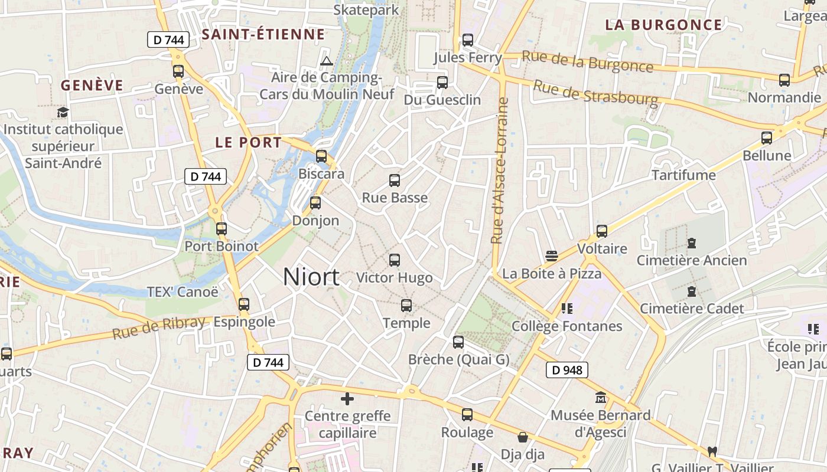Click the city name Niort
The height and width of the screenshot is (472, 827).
pyautogui.click(x=311, y=277)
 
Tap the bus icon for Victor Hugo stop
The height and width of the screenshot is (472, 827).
pyautogui.click(x=395, y=260)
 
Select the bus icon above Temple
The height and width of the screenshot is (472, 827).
pyautogui.click(x=406, y=306)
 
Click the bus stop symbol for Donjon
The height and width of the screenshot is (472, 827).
pyautogui.click(x=315, y=203)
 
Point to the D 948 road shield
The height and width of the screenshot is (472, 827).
pyautogui.click(x=566, y=370)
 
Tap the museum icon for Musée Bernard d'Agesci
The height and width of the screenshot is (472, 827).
pyautogui.click(x=601, y=398)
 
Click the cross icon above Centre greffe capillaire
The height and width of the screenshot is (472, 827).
pyautogui.click(x=347, y=399)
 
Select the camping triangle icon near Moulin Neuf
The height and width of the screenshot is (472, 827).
pyautogui.click(x=326, y=61)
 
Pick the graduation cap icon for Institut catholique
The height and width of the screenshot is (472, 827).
pyautogui.click(x=63, y=112)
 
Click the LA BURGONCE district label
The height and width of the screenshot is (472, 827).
pyautogui.click(x=663, y=25)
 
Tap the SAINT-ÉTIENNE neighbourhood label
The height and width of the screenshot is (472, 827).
pyautogui.click(x=263, y=34)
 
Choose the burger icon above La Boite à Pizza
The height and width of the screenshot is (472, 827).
pyautogui.click(x=552, y=255)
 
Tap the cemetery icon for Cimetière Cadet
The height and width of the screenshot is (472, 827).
pyautogui.click(x=692, y=291)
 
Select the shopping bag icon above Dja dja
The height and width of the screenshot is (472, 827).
pyautogui.click(x=523, y=437)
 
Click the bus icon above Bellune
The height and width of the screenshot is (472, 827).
pyautogui.click(x=767, y=138)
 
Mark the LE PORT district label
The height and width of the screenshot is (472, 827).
pyautogui.click(x=249, y=142)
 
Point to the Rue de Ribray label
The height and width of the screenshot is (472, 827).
pyautogui.click(x=158, y=327)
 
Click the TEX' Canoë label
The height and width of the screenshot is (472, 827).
pyautogui.click(x=183, y=291)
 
